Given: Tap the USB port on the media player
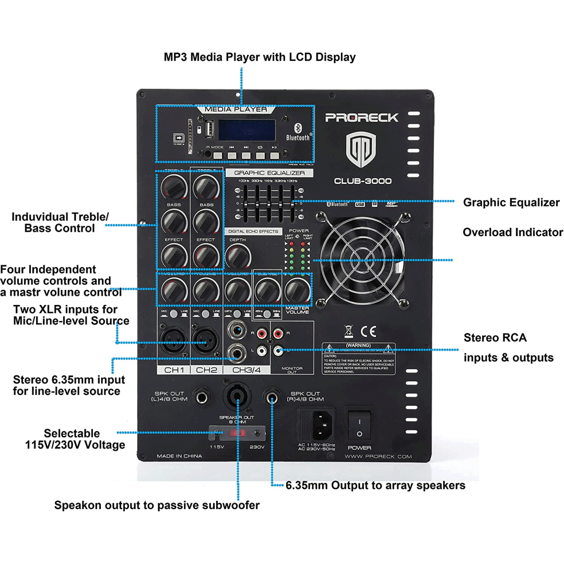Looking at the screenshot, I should [208, 130].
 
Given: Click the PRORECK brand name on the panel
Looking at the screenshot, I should [361, 118].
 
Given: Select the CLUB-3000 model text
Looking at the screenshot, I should [363, 181].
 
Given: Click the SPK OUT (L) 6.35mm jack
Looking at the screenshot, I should [202, 399].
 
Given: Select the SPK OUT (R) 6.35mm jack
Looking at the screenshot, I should [272, 399].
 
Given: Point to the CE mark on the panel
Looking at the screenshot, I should [369, 331].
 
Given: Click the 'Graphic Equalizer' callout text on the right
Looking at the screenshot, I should [511, 203].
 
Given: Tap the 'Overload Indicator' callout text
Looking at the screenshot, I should [512, 232].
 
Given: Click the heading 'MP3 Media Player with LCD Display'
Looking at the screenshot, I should [260, 57].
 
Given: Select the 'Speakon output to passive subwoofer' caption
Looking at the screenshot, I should [157, 505].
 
